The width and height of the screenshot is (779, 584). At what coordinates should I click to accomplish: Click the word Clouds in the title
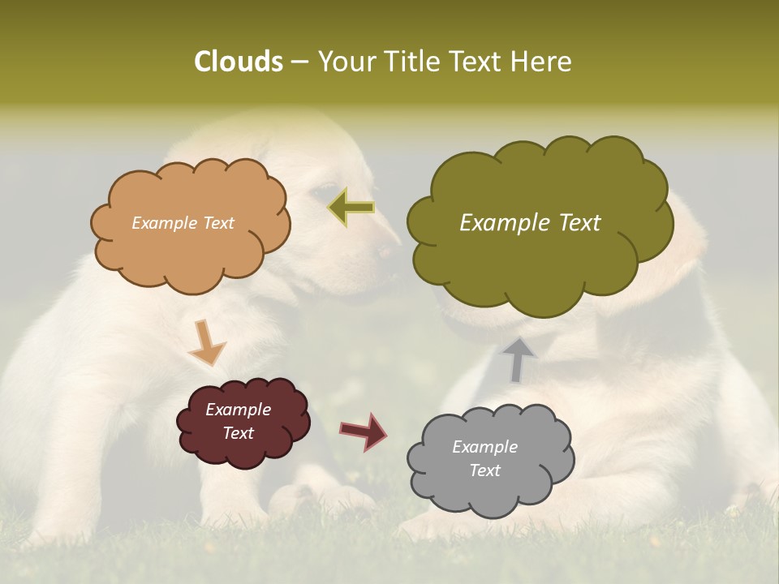pos(238,62)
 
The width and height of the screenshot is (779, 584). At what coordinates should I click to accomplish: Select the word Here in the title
pos(539,62)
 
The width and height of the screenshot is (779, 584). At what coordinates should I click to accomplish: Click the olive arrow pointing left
pos(351,208)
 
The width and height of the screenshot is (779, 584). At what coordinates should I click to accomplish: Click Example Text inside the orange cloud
pos(183,223)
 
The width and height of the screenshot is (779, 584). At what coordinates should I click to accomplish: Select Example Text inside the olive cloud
pos(530,223)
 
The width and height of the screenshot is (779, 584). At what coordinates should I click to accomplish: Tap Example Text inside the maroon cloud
pos(238,422)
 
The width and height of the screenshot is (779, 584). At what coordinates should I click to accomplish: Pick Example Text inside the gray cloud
pos(484,458)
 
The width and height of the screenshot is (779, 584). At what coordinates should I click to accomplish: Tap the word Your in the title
pos(343,62)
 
